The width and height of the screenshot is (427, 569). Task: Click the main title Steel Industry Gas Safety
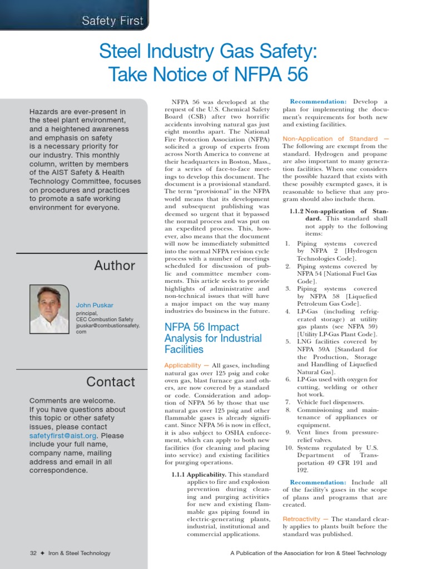[x=208, y=53]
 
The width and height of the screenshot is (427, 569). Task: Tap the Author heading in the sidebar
[x=115, y=266]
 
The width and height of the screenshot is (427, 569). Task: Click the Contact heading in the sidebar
[x=111, y=382]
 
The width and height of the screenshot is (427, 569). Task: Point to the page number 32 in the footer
[x=33, y=553]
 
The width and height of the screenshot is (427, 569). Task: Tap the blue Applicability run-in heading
[x=182, y=366]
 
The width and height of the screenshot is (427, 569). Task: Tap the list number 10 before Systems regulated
[x=289, y=447]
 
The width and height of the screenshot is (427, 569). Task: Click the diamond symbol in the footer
[x=42, y=553]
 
